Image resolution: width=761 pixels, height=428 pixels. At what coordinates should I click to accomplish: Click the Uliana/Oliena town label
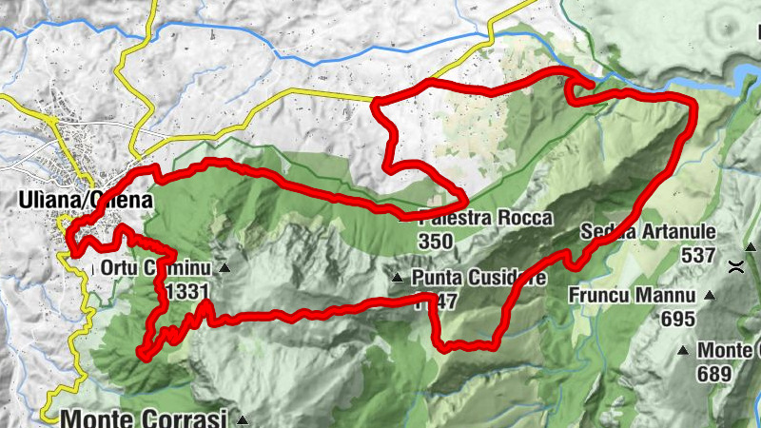84,200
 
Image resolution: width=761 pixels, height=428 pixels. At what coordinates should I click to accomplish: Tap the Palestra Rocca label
483,219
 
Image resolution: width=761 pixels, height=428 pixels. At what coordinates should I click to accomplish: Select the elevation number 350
436,242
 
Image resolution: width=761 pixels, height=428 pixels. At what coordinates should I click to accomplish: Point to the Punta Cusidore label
479,279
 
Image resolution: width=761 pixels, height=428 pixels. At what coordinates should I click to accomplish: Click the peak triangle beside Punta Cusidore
398,279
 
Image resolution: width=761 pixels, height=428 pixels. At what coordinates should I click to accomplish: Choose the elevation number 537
697,255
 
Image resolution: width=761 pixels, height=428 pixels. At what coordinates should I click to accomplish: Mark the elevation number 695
677,319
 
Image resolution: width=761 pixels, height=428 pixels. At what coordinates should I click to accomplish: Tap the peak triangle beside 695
709,296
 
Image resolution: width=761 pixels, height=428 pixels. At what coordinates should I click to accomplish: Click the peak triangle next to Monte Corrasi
244,419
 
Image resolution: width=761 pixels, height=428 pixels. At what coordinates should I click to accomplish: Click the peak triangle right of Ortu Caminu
224,268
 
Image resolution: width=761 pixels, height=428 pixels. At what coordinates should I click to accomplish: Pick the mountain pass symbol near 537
736,267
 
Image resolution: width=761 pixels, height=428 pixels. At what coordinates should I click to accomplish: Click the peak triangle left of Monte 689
683,351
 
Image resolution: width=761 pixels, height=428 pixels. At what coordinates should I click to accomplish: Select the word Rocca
523,219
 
